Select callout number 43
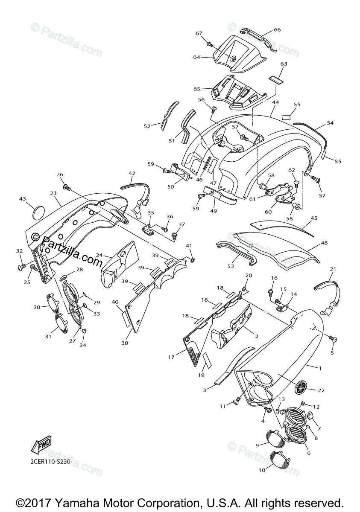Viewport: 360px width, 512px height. click(x=23, y=199)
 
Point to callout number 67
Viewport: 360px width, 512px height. click(x=199, y=33)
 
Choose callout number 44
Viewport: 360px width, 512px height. click(x=275, y=102)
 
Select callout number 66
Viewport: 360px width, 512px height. click(x=277, y=30)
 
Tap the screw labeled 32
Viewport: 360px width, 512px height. click(x=20, y=267)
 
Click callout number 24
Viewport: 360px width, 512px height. click(x=99, y=255)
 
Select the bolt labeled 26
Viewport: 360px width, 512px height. click(x=66, y=186)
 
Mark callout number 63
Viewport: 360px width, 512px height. click(x=284, y=64)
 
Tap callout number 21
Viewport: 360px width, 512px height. click(x=333, y=269)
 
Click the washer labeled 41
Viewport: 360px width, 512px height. click(x=192, y=259)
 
